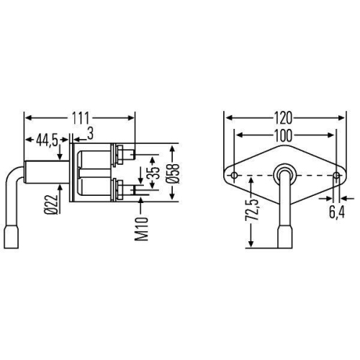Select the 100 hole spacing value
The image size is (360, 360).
coord(282,134)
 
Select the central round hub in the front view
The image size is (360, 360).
coord(284,174)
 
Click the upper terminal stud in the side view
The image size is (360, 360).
coord(127,153)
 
